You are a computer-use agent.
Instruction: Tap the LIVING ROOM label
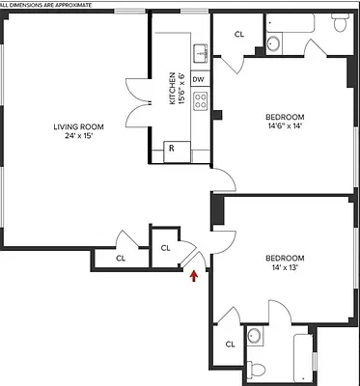[x=79, y=125]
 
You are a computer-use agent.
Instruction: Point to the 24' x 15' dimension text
[x=79, y=136]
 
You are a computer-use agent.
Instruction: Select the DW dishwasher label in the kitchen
[x=199, y=79]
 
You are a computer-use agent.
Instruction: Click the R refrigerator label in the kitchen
[x=171, y=148]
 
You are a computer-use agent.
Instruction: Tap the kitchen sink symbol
[x=200, y=52]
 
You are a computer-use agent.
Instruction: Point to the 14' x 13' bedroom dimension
[x=285, y=268]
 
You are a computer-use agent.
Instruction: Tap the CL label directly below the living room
[x=121, y=258]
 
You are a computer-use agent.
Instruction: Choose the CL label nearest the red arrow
[x=165, y=248]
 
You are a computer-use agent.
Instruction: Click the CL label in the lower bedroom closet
[x=231, y=345]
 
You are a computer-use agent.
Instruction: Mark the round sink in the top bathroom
[x=273, y=42]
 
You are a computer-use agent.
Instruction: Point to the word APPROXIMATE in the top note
[x=69, y=5]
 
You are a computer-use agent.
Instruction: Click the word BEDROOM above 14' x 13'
[x=285, y=258]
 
